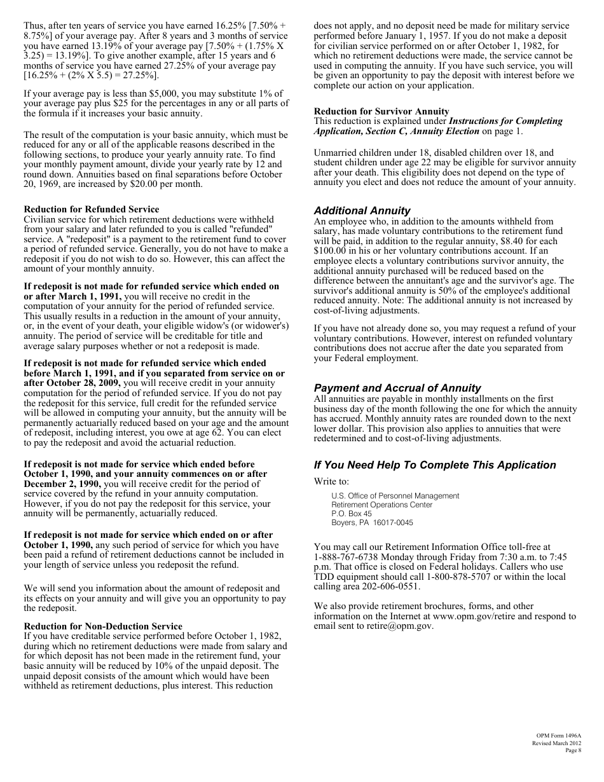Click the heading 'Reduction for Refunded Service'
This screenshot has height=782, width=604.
tap(92, 209)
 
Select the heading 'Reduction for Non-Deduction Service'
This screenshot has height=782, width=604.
tap(103, 626)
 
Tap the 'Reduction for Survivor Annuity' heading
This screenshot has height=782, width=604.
tap(381, 111)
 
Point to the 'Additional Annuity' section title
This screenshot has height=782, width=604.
tap(362, 210)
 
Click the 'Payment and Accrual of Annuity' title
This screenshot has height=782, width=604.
tap(397, 388)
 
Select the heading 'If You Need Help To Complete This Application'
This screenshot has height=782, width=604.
tap(434, 465)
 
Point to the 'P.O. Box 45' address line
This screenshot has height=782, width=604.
tap(352, 513)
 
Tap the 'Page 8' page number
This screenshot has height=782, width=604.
tap(573, 750)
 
